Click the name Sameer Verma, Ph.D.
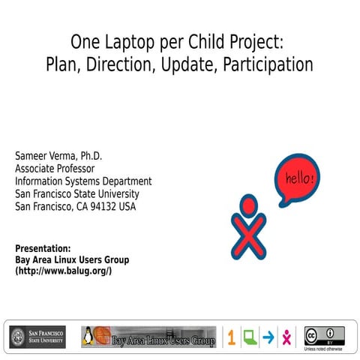pos(58,156)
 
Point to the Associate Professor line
pos(55,169)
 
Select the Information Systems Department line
pos(83,181)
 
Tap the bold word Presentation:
pos(43,247)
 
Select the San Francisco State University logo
pos(37,337)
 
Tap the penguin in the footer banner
pos(87,337)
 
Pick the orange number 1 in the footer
pos(231,337)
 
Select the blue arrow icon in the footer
pos(268,337)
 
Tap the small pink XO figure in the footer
pos(286,337)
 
